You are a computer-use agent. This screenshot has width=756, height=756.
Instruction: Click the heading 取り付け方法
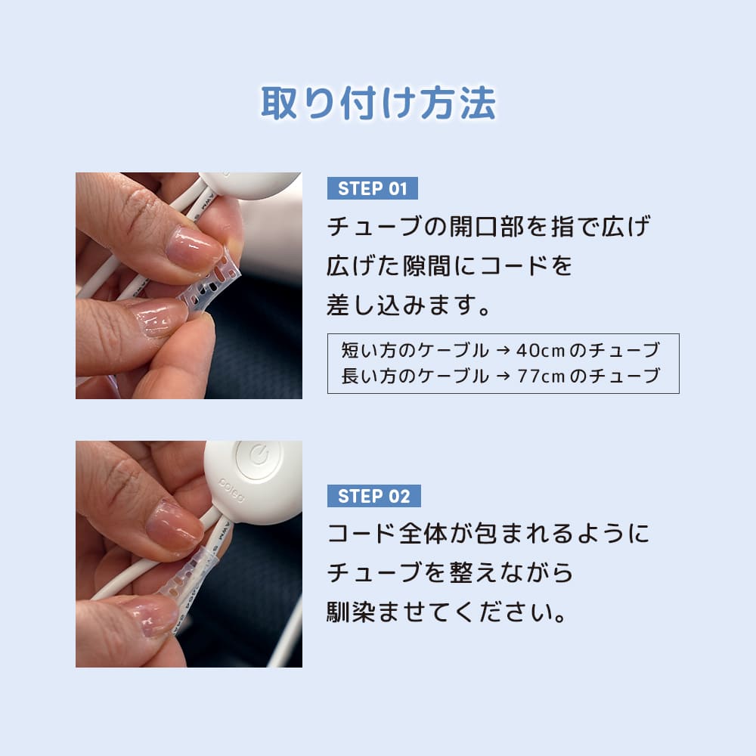coord(378,104)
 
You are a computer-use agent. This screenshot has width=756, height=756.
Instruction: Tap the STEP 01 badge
coord(372,188)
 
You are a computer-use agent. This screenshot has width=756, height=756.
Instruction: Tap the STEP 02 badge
coord(373,496)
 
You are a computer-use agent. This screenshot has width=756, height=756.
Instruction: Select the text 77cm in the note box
coord(541,376)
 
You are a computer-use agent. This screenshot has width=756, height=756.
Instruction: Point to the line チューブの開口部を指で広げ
coord(488,227)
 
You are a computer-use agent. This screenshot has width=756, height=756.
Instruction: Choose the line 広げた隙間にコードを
coord(449,266)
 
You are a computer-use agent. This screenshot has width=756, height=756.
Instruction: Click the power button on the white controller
coord(257,457)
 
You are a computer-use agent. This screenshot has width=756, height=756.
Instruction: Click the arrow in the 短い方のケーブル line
coord(502,351)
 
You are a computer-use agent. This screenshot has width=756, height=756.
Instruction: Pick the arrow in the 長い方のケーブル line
coord(502,376)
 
